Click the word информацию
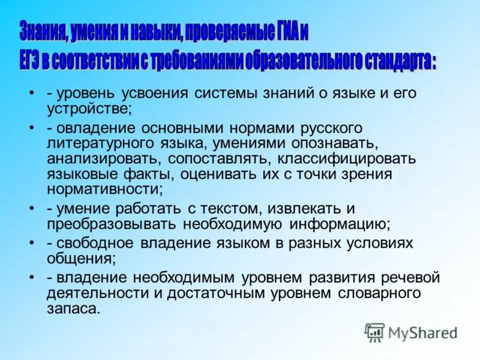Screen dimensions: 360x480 [x=340, y=224]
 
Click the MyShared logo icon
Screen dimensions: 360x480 [x=374, y=331]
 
